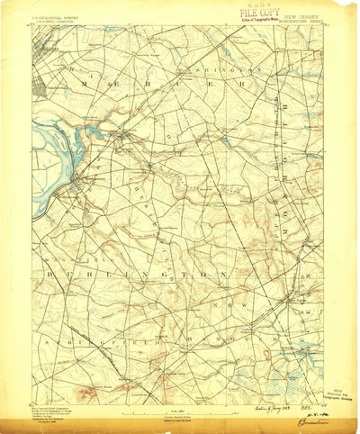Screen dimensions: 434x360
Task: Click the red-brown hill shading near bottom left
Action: tap(90, 393)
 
